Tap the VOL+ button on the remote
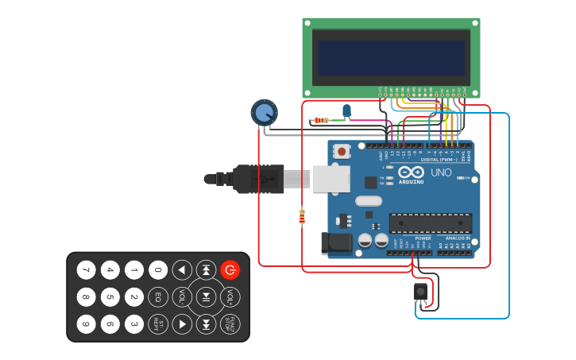click(230, 297)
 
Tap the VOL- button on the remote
click(182, 297)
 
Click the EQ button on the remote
click(158, 297)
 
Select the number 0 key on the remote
click(158, 270)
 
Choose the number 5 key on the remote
click(110, 297)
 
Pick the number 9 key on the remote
click(86, 324)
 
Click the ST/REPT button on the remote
click(158, 324)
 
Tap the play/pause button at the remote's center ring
click(206, 297)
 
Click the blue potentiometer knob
click(264, 113)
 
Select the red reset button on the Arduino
click(342, 151)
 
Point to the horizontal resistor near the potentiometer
click(321, 121)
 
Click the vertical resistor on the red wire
click(302, 216)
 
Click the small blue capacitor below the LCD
click(346, 110)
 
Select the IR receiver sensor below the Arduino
click(420, 292)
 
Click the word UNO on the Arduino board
click(441, 172)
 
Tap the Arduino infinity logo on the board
click(411, 172)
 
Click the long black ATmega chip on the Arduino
click(430, 223)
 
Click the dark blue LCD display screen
click(391, 58)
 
